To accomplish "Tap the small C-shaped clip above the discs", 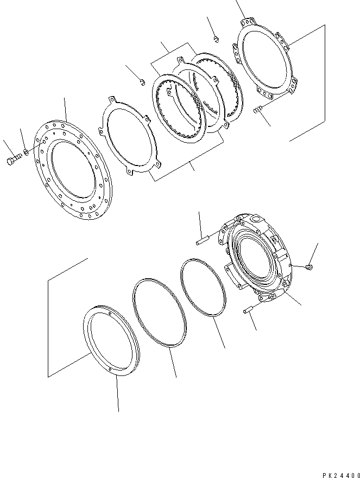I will click(141, 82).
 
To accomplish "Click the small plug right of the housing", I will click(309, 266).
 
